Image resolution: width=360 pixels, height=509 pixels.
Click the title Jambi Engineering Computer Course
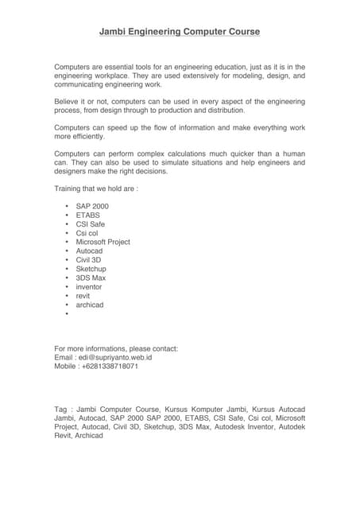pyautogui.click(x=180, y=32)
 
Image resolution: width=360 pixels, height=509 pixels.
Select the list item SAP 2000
pyautogui.click(x=92, y=206)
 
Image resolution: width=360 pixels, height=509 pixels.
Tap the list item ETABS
pyautogui.click(x=88, y=215)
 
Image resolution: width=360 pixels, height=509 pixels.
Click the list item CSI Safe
pyautogui.click(x=91, y=224)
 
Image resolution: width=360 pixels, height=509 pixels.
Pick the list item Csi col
pyautogui.click(x=87, y=233)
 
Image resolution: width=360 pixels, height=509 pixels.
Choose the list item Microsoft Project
pyautogui.click(x=103, y=242)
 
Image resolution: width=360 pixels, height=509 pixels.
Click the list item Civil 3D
pyautogui.click(x=89, y=260)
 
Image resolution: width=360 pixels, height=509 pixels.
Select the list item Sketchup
pyautogui.click(x=91, y=269)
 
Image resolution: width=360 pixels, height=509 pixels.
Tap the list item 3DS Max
pyautogui.click(x=91, y=278)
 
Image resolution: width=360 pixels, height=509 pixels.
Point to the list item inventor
pyautogui.click(x=89, y=287)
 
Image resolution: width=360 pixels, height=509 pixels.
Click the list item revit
pyautogui.click(x=83, y=296)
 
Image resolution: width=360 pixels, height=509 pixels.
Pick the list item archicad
pyautogui.click(x=90, y=305)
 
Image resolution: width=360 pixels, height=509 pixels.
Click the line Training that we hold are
pyautogui.click(x=96, y=188)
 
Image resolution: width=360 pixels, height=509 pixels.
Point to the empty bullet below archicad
pyautogui.click(x=67, y=314)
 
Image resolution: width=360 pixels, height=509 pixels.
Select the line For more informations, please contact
pyautogui.click(x=116, y=348)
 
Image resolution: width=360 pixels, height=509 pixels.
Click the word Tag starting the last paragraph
pyautogui.click(x=60, y=409)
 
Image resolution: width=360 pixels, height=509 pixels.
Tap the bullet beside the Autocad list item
pyautogui.click(x=67, y=251)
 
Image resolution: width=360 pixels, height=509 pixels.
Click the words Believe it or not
pyautogui.click(x=85, y=102)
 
